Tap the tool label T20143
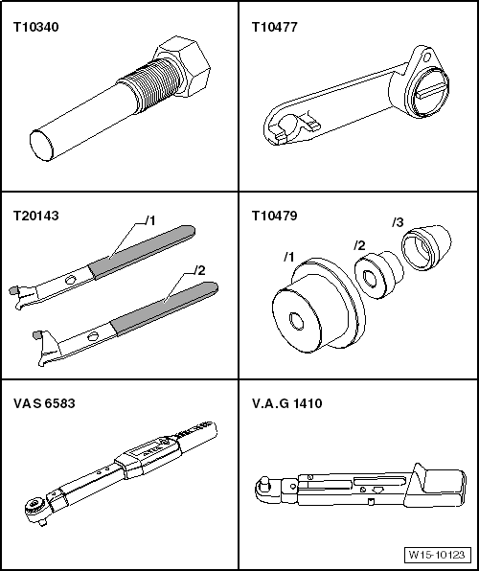click(x=34, y=217)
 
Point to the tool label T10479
click(x=274, y=217)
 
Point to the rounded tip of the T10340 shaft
click(x=40, y=145)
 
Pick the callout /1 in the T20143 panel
click(x=148, y=220)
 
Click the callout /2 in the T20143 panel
click(x=199, y=271)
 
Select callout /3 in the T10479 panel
click(x=396, y=223)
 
